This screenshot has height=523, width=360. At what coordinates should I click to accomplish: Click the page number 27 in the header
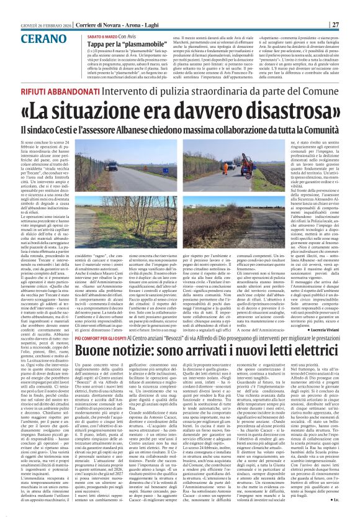[352, 7]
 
